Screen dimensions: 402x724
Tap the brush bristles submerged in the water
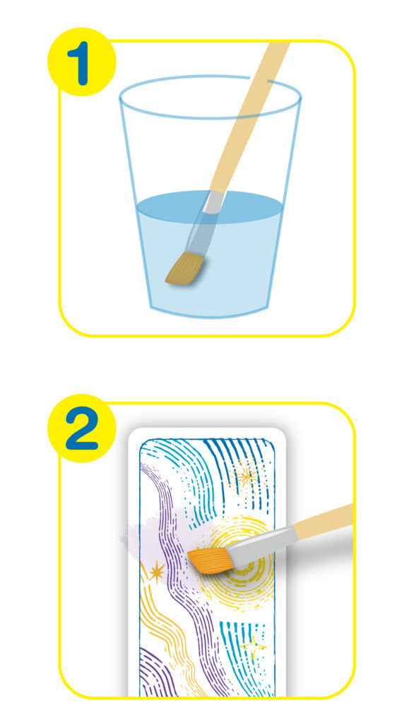(x=185, y=268)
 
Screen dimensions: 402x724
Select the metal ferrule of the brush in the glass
(x=213, y=202)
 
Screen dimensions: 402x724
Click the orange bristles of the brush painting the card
(x=208, y=559)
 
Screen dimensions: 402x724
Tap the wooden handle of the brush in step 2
(x=323, y=521)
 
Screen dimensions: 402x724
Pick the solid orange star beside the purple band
(x=156, y=572)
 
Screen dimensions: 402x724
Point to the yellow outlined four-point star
(x=253, y=646)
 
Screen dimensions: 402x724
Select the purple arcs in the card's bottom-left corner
(x=155, y=674)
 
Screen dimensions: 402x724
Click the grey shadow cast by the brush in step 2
(x=314, y=551)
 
